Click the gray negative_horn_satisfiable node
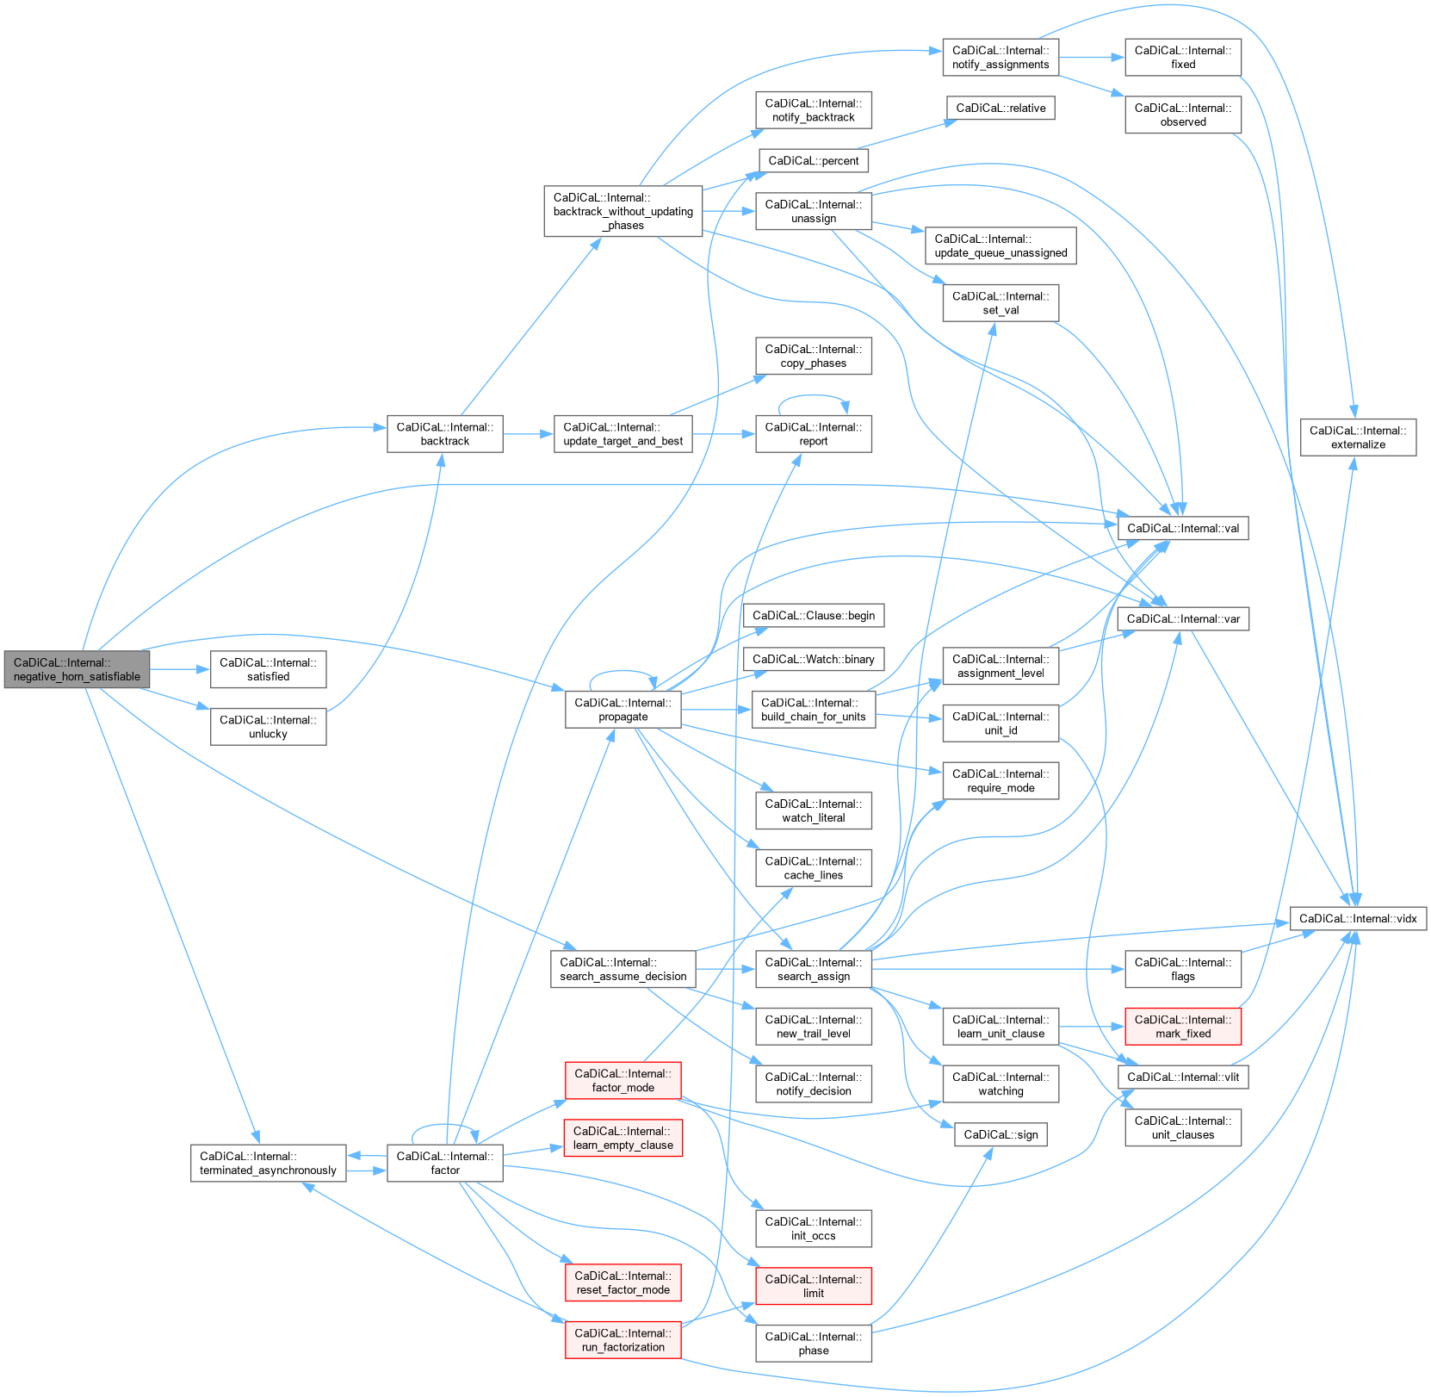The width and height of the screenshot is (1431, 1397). [x=77, y=669]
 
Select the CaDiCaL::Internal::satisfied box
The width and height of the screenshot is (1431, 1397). [x=268, y=669]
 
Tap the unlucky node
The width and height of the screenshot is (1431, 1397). [x=268, y=727]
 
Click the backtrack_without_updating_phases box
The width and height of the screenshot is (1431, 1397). [x=623, y=211]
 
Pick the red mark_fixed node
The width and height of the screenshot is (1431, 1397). [x=1182, y=1027]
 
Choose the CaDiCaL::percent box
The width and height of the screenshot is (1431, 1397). [x=813, y=161]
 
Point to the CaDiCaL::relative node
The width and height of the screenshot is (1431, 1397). [x=1000, y=109]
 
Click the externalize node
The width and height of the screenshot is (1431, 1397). [x=1358, y=438]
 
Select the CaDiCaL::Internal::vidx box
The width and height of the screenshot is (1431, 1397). [x=1358, y=919]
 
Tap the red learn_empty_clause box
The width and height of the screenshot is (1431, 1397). [x=623, y=1138]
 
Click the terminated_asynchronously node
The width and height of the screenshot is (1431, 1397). [x=268, y=1163]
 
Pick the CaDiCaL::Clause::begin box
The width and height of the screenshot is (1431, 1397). [x=813, y=616]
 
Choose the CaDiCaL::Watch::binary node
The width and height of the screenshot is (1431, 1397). [x=813, y=660]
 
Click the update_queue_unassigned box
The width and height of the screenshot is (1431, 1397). [x=1000, y=245]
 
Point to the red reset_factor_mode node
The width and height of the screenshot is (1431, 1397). [x=623, y=1282]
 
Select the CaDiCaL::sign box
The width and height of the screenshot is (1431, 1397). [x=1000, y=1135]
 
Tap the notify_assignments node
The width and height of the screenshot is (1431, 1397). [x=1000, y=58]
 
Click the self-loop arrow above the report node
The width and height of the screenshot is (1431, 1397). [x=813, y=395]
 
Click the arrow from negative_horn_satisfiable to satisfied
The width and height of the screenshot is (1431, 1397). [x=180, y=669]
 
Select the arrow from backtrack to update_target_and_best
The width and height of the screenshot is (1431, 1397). [x=528, y=434]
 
